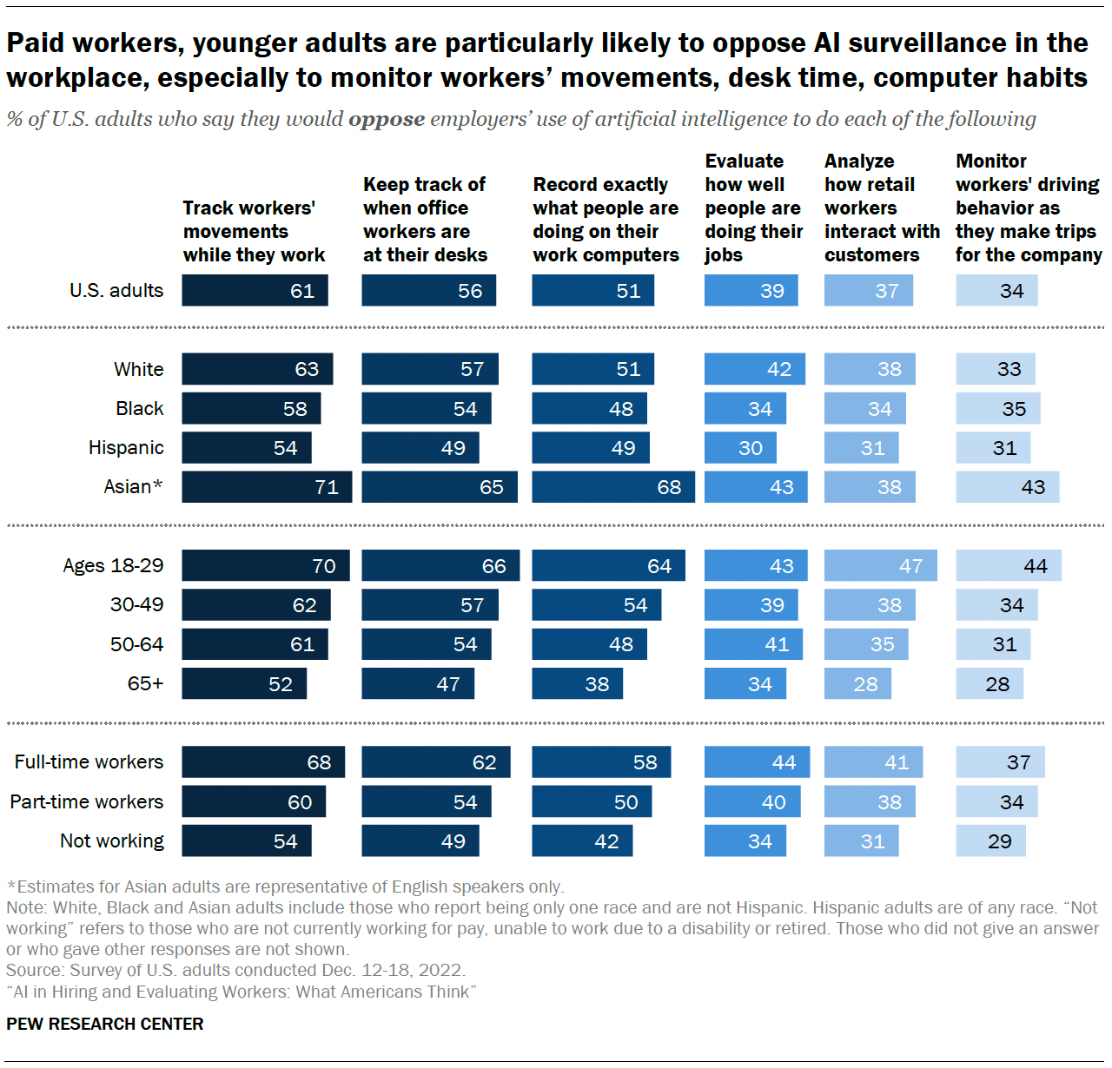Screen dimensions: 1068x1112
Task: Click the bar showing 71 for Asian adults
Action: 267,487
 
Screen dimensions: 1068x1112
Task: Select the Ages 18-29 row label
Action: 113,566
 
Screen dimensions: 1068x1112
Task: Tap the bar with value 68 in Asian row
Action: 612,487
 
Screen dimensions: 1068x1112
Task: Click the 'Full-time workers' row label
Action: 89,762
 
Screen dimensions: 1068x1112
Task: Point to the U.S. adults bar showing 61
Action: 255,291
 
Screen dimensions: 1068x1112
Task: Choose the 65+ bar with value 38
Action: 577,684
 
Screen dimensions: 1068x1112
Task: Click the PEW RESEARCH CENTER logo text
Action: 105,1024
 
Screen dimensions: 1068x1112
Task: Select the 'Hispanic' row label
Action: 126,448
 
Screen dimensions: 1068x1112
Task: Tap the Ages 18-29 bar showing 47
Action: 880,566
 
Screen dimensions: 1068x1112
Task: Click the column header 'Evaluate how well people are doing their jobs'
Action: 752,208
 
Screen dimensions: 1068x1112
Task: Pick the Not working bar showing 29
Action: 990,841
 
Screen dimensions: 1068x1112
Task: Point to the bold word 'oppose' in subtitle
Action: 387,119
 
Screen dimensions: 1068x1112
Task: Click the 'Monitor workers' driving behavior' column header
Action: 1028,208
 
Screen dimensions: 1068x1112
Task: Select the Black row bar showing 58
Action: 251,409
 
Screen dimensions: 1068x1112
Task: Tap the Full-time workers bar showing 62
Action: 435,762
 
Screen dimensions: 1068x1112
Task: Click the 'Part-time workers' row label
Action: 87,802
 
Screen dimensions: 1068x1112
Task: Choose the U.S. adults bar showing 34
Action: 996,291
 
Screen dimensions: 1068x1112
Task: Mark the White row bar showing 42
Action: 754,369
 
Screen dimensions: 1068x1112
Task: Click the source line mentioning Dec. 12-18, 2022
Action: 235,970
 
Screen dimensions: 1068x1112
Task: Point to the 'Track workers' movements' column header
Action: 253,232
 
